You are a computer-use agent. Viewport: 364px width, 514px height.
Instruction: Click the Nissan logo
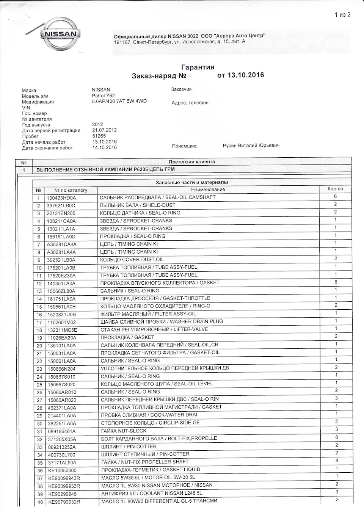point(61,35)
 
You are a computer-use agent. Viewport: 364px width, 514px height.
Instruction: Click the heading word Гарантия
point(198,67)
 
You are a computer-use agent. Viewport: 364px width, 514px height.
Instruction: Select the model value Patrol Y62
point(103,96)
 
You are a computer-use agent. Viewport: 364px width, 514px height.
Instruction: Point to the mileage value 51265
point(99,136)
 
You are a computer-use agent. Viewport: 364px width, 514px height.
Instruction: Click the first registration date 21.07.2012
point(104,130)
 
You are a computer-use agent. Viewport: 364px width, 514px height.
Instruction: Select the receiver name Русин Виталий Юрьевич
point(251,146)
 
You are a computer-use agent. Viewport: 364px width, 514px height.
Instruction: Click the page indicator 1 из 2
point(342,15)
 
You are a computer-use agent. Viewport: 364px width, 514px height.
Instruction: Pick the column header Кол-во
point(335,189)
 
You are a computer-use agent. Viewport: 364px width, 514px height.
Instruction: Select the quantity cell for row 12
point(336,282)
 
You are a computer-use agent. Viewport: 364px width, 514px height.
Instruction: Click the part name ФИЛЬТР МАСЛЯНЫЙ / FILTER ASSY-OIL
point(148,314)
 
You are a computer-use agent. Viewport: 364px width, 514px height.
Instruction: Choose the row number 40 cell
point(39,502)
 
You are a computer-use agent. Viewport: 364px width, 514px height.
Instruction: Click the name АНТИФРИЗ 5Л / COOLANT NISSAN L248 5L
point(151,493)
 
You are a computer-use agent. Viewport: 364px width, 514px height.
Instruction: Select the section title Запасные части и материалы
point(192,182)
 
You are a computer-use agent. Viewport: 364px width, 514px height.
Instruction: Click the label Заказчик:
point(182,89)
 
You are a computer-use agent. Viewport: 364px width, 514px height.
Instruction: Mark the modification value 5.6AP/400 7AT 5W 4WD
point(119,102)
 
